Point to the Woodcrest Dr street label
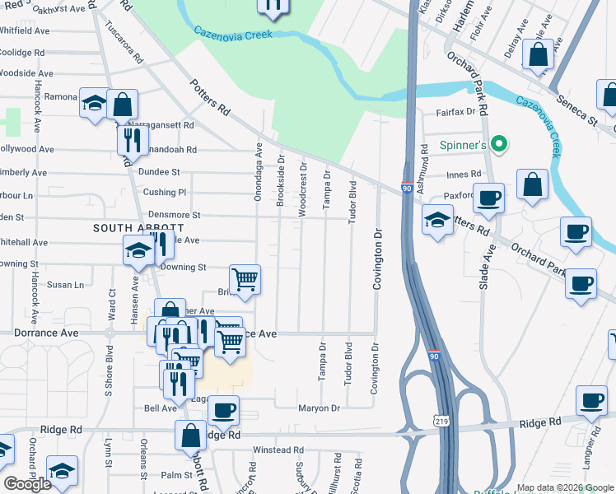[x=303, y=189]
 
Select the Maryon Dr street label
[x=319, y=408]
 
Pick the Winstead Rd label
[x=278, y=450]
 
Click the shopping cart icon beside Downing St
[x=245, y=280]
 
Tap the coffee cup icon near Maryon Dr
[x=222, y=409]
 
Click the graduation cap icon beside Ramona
[x=95, y=104]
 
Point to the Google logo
[x=28, y=484]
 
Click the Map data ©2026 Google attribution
[x=565, y=487]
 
